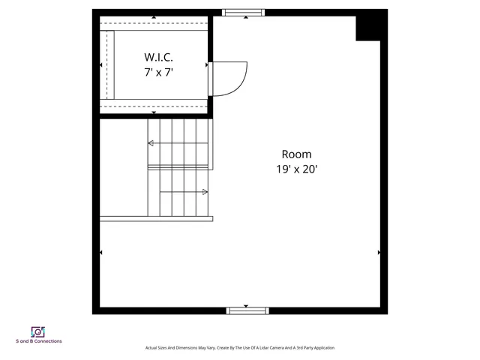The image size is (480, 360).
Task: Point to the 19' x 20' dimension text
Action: tap(296, 169)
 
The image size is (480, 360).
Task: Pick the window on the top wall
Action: tap(244, 13)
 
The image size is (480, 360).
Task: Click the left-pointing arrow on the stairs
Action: tap(151, 142)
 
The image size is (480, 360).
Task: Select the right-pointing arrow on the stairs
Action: tap(205, 192)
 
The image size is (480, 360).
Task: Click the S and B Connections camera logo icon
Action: tap(38, 331)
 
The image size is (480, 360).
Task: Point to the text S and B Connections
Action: tap(39, 342)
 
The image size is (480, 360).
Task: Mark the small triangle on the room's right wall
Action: tap(379, 253)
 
